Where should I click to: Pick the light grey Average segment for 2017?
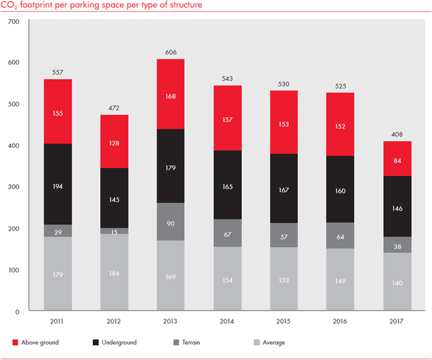[397, 282]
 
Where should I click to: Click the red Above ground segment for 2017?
[397, 159]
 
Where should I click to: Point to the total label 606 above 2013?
[171, 52]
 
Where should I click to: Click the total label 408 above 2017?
[397, 134]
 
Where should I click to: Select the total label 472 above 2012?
[114, 108]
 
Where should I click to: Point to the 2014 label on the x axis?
[227, 321]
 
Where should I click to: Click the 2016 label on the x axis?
[340, 321]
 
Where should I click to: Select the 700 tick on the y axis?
[14, 22]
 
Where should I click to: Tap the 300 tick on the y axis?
[14, 187]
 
